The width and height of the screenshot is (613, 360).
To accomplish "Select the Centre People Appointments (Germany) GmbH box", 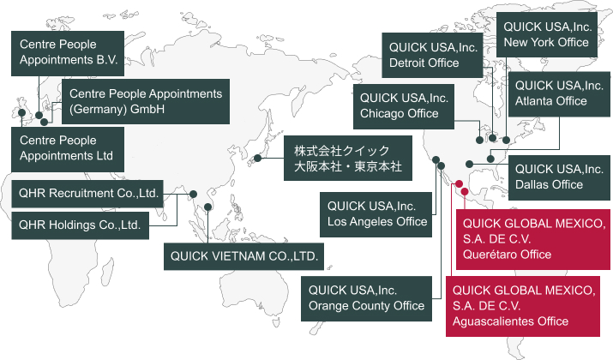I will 146,101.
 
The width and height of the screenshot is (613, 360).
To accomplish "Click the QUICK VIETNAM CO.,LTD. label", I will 244,255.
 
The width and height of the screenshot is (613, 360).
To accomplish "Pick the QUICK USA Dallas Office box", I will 558,176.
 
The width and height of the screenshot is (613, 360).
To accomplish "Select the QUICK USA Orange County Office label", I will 366,297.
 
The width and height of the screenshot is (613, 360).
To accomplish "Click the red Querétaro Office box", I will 532,239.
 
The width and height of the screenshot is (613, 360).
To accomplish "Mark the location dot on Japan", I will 258,159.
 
